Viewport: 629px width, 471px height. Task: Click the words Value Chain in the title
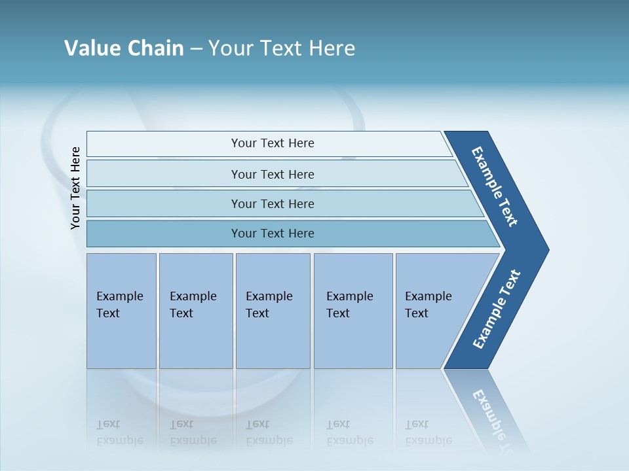[x=124, y=48]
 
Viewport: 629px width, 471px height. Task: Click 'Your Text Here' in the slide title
[x=282, y=48]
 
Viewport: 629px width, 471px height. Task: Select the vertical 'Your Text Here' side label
[x=75, y=188]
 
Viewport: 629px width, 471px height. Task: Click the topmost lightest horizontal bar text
[x=273, y=143]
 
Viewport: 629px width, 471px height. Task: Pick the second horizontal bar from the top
[x=273, y=175]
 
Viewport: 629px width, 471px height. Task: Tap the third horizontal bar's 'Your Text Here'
[x=273, y=204]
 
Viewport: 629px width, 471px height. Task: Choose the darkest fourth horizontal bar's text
[x=273, y=234]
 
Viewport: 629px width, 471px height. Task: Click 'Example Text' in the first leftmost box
[x=119, y=304]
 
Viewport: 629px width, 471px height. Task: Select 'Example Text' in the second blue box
[x=193, y=304]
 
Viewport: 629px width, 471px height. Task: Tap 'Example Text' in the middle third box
[x=269, y=304]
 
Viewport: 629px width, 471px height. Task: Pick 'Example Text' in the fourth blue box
[x=349, y=304]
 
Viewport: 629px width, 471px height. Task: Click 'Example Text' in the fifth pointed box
[x=428, y=304]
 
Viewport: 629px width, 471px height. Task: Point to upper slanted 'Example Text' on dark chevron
[x=495, y=186]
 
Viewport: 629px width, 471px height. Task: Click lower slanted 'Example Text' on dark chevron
[x=496, y=309]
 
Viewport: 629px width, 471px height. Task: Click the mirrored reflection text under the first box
[x=119, y=432]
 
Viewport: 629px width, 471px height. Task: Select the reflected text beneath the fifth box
[x=428, y=432]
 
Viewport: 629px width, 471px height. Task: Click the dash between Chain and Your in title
[x=196, y=48]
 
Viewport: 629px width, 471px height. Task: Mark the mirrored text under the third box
[x=269, y=432]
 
